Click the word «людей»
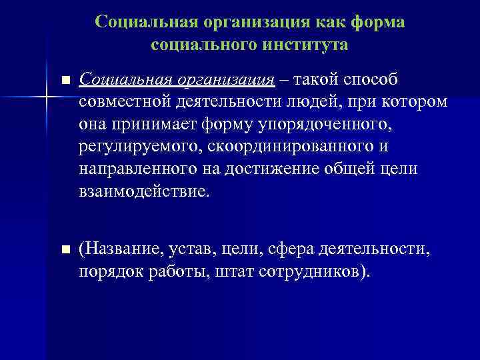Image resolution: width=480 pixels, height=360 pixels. tap(313, 103)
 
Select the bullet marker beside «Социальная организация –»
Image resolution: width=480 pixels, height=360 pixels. tap(65, 81)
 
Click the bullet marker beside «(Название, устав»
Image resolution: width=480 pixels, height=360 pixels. tap(65, 250)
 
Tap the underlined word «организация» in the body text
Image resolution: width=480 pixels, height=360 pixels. tap(226, 81)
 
